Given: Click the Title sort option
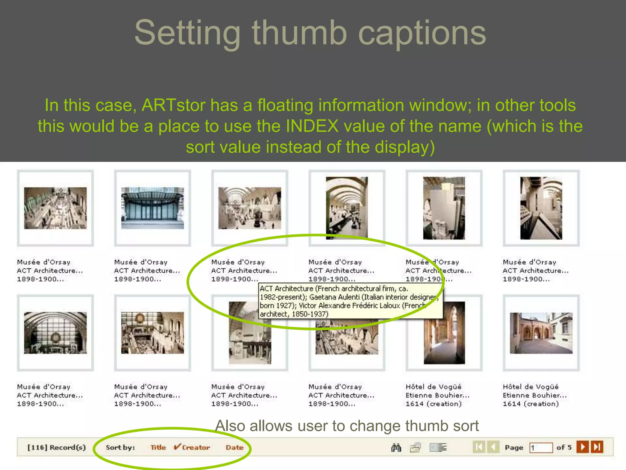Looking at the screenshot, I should pos(158,447).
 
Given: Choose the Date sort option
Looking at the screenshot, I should pos(234,447).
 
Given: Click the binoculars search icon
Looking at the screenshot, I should pos(396,448).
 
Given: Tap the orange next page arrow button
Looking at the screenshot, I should pos(583,447).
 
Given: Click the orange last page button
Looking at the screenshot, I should pos(597,447).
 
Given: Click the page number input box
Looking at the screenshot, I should pos(541,448).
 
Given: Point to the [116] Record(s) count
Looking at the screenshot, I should pos(57,447).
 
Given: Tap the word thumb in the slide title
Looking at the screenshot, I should pos(299,33).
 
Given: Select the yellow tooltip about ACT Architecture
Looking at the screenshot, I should pos(350,301).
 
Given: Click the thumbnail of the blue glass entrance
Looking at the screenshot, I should pos(153,208).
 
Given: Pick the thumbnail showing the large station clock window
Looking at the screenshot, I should pos(55,333).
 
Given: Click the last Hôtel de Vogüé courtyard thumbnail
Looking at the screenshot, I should pos(541,333).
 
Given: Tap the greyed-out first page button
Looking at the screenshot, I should pos(479,447).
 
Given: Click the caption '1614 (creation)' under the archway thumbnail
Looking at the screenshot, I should pos(433,404).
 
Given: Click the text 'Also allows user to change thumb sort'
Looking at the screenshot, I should pos(347,426).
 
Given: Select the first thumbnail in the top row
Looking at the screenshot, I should pos(55,208).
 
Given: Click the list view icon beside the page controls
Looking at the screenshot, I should pos(438,448).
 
